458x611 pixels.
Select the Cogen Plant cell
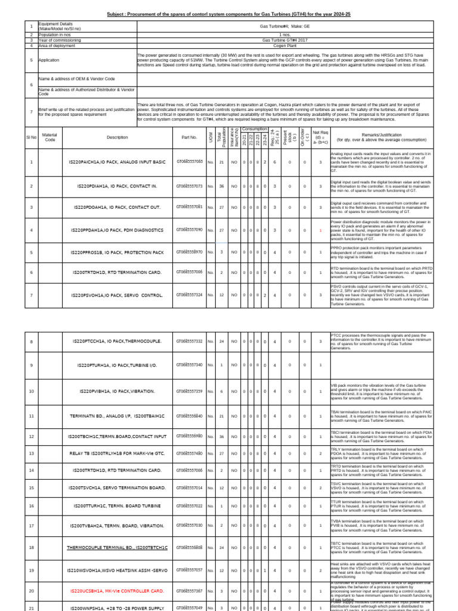pyautogui.click(x=284, y=45)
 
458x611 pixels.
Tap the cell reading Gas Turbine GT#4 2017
pyautogui.click(x=284, y=40)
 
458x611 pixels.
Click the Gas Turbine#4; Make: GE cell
pyautogui.click(x=284, y=27)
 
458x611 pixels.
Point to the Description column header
pyautogui.click(x=117, y=137)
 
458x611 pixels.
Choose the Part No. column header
pyautogui.click(x=189, y=137)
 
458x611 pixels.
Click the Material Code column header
pyautogui.click(x=49, y=137)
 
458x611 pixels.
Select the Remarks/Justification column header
pyautogui.click(x=382, y=136)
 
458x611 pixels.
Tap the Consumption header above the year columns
pyautogui.click(x=255, y=128)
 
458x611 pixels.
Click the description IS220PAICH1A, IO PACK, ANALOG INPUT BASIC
pyautogui.click(x=117, y=162)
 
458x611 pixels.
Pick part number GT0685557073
pyautogui.click(x=189, y=186)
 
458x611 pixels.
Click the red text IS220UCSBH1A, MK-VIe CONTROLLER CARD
pyautogui.click(x=117, y=591)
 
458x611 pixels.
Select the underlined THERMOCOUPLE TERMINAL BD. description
pyautogui.click(x=117, y=547)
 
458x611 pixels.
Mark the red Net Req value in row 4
pyautogui.click(x=320, y=230)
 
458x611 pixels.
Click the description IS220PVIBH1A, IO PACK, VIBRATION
pyautogui.click(x=117, y=391)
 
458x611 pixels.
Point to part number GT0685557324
pyautogui.click(x=189, y=295)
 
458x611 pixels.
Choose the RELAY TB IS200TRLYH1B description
pyautogui.click(x=117, y=453)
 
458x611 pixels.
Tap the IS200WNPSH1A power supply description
pyautogui.click(x=117, y=607)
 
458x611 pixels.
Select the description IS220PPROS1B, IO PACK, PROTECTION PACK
pyautogui.click(x=117, y=252)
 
